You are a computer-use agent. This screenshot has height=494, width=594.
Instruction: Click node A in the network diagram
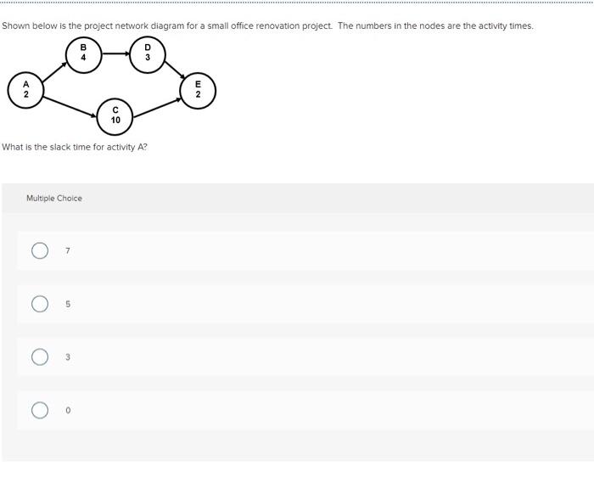(x=25, y=89)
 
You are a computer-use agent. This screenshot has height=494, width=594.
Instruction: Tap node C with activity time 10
(x=115, y=115)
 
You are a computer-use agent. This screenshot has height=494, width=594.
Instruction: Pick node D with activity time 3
(x=148, y=53)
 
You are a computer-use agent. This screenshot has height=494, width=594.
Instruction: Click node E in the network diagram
(x=198, y=89)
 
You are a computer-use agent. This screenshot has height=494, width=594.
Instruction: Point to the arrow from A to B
(x=54, y=71)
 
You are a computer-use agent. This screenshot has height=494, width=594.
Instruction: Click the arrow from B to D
(x=115, y=53)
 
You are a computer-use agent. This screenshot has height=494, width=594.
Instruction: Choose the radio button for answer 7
(x=40, y=250)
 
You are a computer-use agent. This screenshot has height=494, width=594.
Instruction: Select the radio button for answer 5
(x=40, y=304)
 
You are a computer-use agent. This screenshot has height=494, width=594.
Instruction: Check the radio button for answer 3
(x=40, y=357)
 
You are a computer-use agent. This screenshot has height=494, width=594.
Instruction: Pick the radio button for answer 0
(x=40, y=411)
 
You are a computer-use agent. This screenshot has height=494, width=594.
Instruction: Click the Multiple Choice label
(x=54, y=199)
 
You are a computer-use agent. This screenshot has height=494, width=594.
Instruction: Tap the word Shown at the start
(x=16, y=25)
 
